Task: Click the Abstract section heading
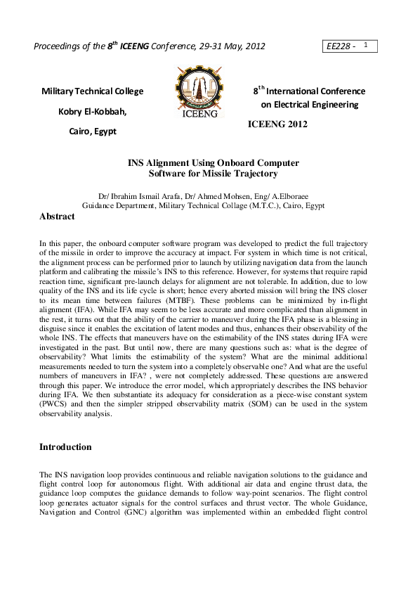57,217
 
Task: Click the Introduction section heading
65,447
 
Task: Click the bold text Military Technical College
93,91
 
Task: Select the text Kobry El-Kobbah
91,111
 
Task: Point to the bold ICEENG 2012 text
278,124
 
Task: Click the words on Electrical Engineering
309,105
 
